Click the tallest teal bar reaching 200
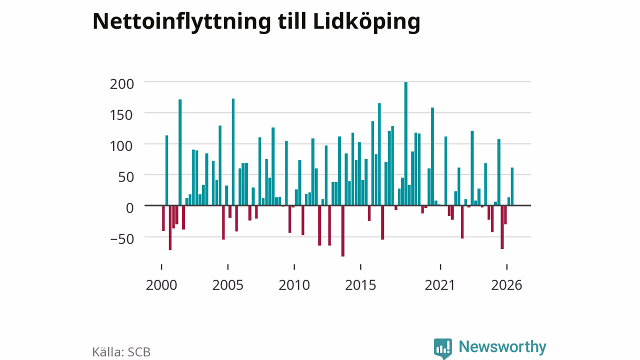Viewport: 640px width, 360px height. pyautogui.click(x=405, y=143)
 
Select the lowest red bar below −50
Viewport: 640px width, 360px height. pyautogui.click(x=343, y=231)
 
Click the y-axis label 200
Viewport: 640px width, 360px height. pyautogui.click(x=121, y=84)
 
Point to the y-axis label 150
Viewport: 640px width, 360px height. pyautogui.click(x=121, y=115)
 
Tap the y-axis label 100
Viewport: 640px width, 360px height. pyautogui.click(x=121, y=146)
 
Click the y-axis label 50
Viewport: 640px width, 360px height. pyautogui.click(x=126, y=177)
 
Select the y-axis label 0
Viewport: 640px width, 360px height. pyautogui.click(x=129, y=208)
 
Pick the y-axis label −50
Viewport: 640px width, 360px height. pyautogui.click(x=122, y=239)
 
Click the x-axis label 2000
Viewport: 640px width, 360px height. pyautogui.click(x=161, y=285)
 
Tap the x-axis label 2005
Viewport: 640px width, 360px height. pyautogui.click(x=227, y=285)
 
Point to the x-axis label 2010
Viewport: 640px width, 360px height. pyautogui.click(x=294, y=285)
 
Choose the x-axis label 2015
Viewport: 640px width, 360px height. pyautogui.click(x=360, y=285)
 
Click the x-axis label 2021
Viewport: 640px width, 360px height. pyautogui.click(x=440, y=285)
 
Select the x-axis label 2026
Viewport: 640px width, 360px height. pyautogui.click(x=506, y=285)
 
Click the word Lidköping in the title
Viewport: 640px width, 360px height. pyautogui.click(x=366, y=22)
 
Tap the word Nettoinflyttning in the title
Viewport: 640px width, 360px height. pyautogui.click(x=181, y=22)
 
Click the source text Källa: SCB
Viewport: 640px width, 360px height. pyautogui.click(x=121, y=352)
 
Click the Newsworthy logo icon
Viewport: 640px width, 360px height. pyautogui.click(x=443, y=348)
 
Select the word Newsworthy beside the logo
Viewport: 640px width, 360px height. pyautogui.click(x=502, y=347)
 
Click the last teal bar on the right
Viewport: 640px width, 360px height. pyautogui.click(x=512, y=186)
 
